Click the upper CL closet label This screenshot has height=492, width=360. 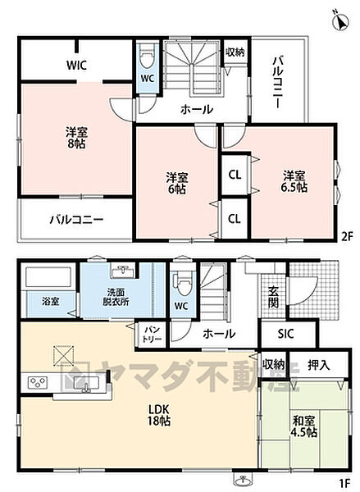[234, 174]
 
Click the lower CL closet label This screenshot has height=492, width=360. [234, 219]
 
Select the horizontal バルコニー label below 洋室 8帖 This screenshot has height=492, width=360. [75, 220]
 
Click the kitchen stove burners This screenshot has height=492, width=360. [39, 382]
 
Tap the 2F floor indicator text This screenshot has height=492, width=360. [348, 237]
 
